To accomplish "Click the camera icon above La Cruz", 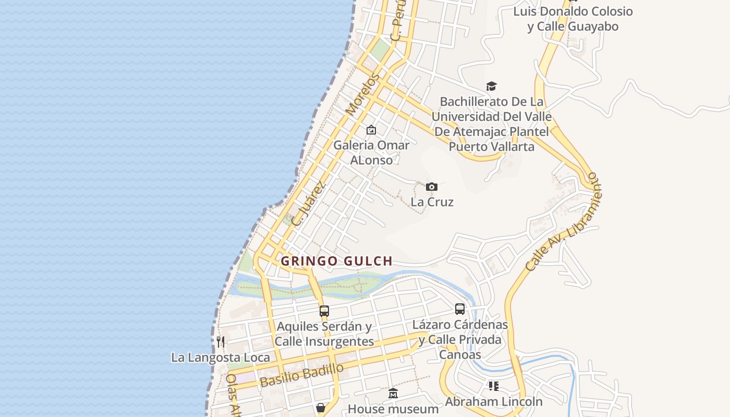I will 431,187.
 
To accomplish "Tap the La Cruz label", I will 432,202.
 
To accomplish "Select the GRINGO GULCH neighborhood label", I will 336,261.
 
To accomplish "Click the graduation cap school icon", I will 491,86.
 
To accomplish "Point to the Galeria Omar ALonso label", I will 371,152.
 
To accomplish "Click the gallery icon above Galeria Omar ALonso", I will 371,129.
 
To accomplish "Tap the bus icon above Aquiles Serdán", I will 324,311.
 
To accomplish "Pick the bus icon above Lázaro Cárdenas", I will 460,309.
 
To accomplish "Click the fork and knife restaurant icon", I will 221,342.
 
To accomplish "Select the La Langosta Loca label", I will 221,358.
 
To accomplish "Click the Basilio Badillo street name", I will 302,375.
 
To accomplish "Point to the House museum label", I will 393,409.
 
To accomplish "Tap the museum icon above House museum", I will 393,394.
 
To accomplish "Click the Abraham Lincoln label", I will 493,402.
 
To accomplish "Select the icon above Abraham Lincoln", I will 493,386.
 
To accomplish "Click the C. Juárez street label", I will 309,203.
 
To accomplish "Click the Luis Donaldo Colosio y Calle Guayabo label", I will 573,19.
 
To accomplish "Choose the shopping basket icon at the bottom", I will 321,408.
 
